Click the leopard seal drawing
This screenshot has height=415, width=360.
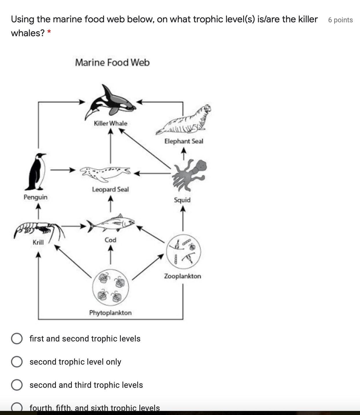[105, 172]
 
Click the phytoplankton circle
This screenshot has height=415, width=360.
[110, 287]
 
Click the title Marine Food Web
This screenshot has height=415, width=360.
[112, 63]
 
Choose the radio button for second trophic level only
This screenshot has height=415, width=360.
[17, 362]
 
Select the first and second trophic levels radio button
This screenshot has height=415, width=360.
[17, 339]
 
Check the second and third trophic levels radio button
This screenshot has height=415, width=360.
[17, 385]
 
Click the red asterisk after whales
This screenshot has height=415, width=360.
[49, 32]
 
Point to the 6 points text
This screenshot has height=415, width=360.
[340, 20]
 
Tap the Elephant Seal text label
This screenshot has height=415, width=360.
[184, 141]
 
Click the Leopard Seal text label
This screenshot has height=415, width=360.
[110, 189]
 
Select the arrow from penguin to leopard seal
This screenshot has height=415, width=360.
[63, 170]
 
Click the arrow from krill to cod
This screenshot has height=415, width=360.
[74, 226]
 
